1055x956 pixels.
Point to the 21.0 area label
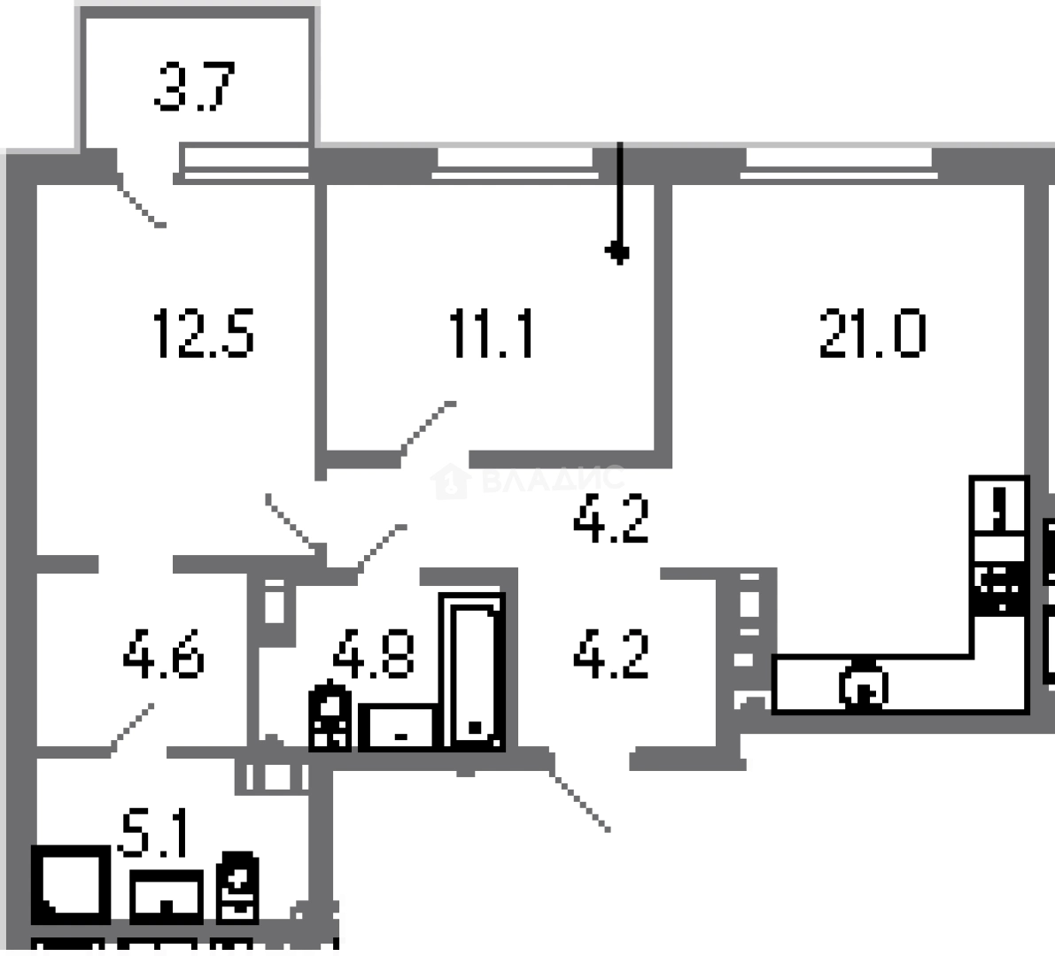coord(873,334)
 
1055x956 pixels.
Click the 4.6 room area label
coord(164,655)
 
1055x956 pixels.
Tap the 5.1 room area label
coord(154,833)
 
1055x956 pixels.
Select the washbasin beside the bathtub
coord(400,727)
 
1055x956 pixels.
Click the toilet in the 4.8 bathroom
coord(330,716)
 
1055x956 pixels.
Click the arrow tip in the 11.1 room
coord(619,254)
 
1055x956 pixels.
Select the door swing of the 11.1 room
coord(428,429)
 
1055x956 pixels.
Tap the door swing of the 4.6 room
coord(133,727)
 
